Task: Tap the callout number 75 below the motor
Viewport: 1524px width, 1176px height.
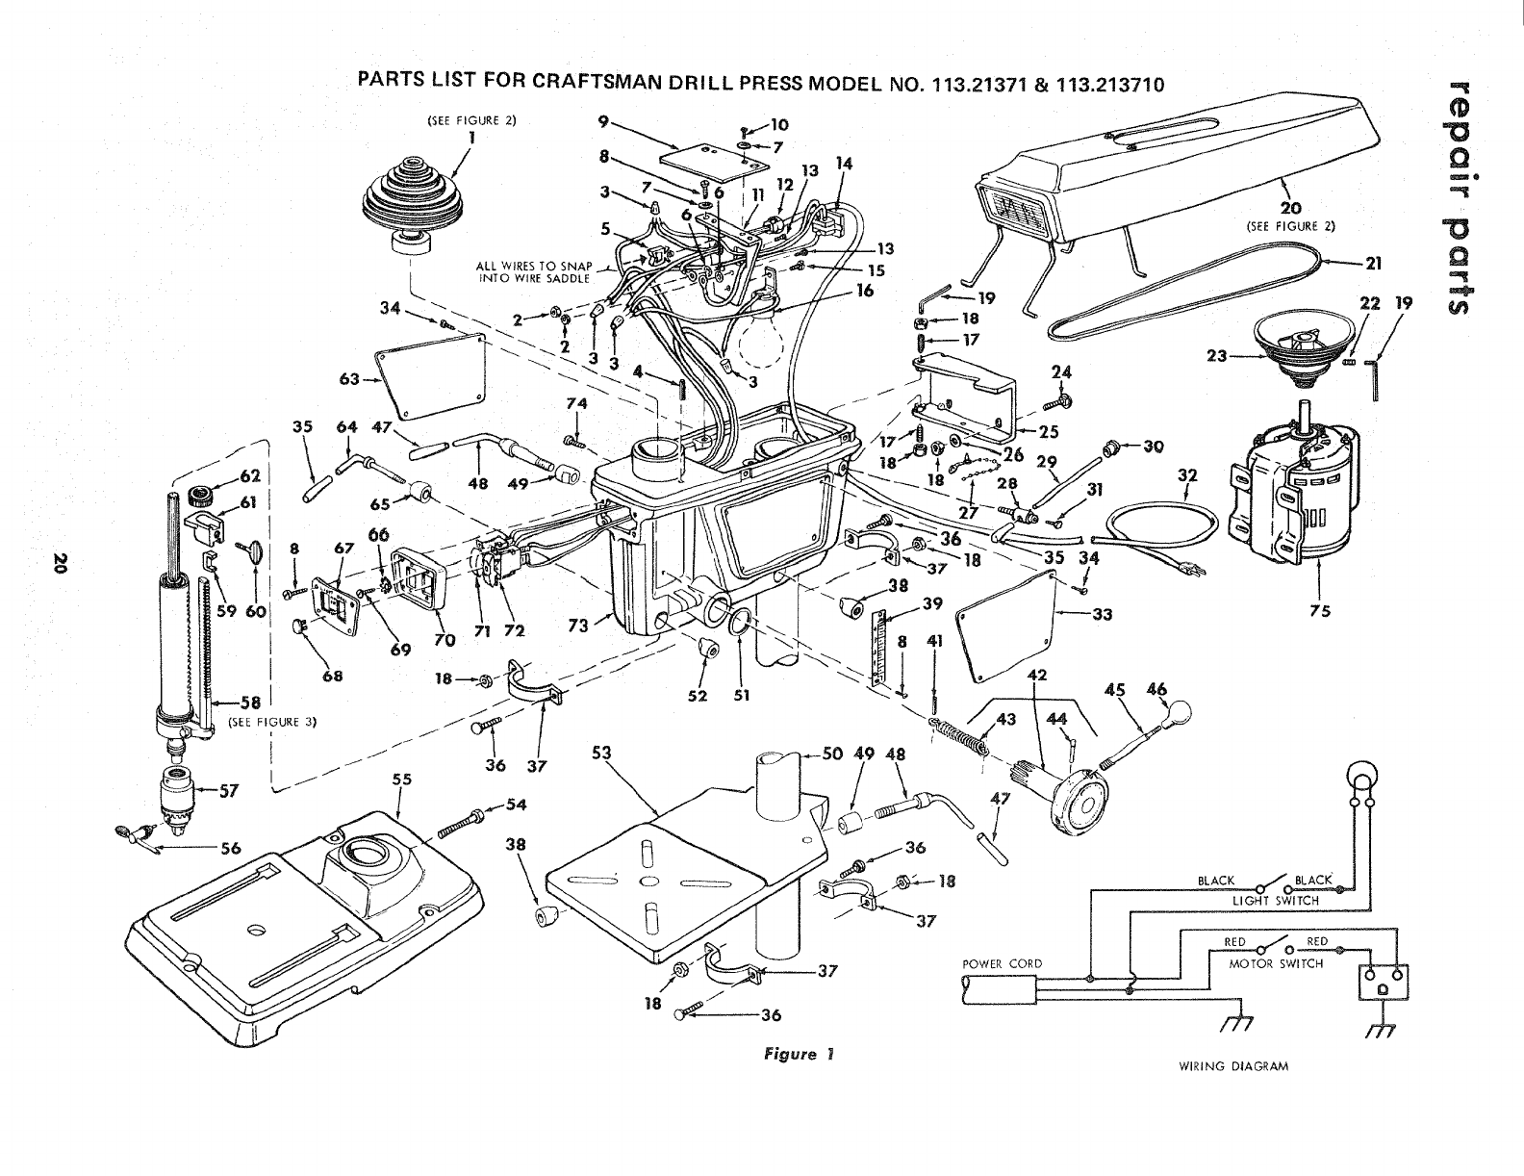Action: coord(1319,611)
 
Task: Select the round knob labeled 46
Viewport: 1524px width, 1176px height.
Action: coord(1178,713)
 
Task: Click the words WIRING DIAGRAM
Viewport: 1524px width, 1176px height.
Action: coord(1232,1066)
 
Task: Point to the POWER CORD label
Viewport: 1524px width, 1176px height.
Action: coord(1003,964)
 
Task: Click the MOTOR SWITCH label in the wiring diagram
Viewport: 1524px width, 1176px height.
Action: coord(1276,964)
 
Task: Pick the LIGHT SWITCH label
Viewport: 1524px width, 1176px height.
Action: coord(1276,901)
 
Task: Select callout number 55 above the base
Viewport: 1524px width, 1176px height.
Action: coord(402,780)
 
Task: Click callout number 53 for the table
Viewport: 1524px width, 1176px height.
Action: coord(601,753)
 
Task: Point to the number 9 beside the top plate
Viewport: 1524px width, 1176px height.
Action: coord(603,121)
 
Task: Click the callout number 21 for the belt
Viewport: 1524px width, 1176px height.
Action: coord(1373,264)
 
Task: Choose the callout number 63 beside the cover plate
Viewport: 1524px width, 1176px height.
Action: coord(349,379)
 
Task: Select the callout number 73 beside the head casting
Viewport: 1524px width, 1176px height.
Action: coord(578,625)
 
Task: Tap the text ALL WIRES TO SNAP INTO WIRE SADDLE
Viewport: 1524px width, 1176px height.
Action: coord(534,272)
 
